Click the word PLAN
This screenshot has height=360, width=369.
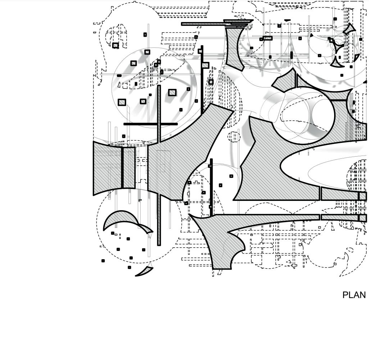coord(354,295)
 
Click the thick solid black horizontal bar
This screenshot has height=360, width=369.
coord(150,124)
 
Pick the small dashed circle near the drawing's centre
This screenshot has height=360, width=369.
coord(234,137)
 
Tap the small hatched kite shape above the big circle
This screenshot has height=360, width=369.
coord(284,81)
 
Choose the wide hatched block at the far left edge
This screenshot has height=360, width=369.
coord(107,167)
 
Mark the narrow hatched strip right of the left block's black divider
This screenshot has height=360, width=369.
coord(129,167)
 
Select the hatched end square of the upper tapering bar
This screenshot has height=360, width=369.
coord(362,196)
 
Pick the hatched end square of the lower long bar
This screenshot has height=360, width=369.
coord(362,218)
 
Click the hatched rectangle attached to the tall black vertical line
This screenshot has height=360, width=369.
coord(205,65)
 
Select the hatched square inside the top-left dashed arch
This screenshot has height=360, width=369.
coord(115,45)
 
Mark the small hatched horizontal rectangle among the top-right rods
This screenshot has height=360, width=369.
coord(267,38)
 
